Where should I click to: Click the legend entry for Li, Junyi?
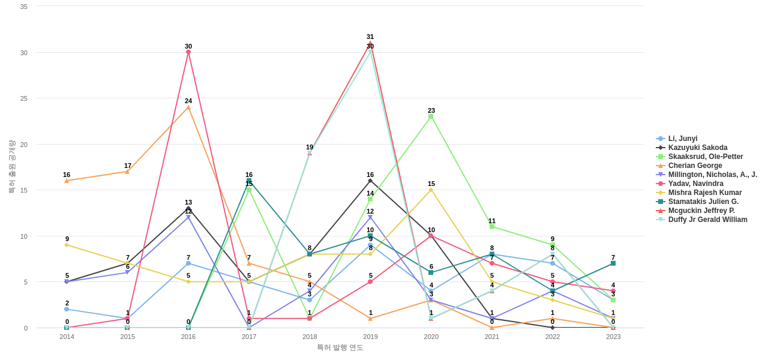[682, 139]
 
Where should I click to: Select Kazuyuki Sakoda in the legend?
[697, 148]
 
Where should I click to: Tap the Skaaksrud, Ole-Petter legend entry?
[705, 157]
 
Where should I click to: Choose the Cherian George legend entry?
[695, 166]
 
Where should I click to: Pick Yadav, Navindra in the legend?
[695, 184]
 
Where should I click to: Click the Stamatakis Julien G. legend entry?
[703, 202]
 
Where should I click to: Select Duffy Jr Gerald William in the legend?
[707, 220]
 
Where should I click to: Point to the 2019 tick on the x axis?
[370, 337]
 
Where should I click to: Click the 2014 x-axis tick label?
[67, 337]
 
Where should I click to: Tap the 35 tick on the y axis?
[24, 7]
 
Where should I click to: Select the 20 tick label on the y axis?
[24, 145]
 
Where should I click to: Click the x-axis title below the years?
[340, 347]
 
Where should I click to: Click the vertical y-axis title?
[11, 167]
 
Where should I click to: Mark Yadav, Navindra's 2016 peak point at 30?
[188, 52]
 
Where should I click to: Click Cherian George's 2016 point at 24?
[188, 107]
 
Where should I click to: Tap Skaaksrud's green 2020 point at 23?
[431, 116]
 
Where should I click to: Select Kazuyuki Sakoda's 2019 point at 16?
[370, 181]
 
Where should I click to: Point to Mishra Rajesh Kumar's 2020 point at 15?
[431, 190]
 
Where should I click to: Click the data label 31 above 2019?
[370, 37]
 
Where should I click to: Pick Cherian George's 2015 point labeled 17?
[127, 172]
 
